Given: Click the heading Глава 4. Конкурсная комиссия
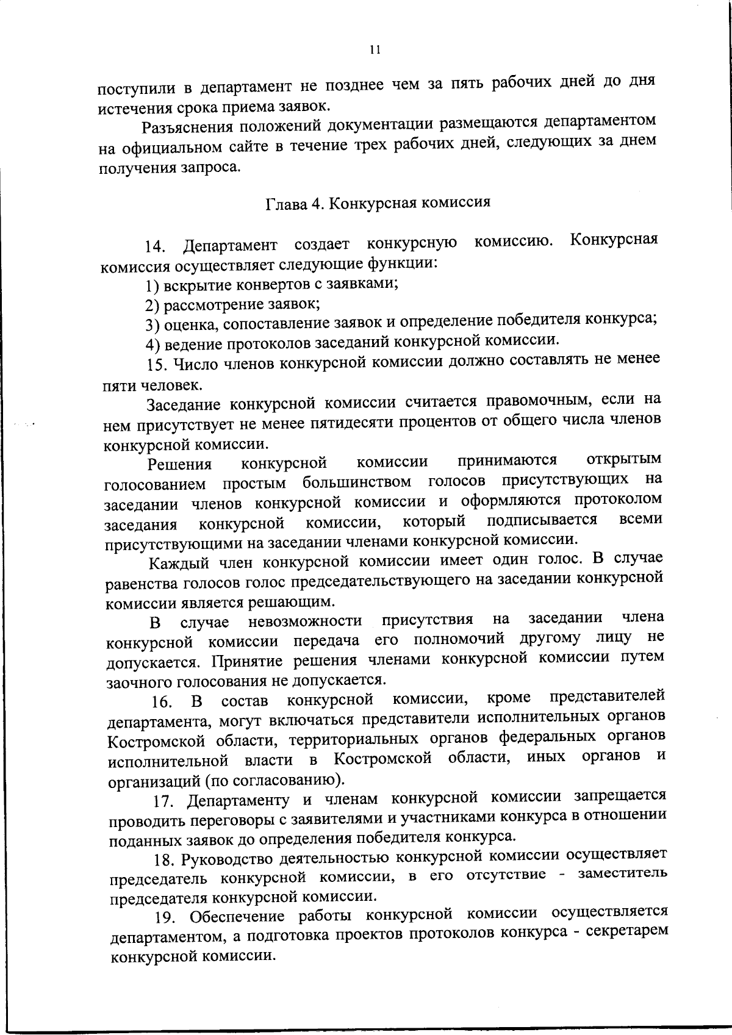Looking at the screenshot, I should click(378, 202).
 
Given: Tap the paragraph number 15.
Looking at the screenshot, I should click(157, 364).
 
